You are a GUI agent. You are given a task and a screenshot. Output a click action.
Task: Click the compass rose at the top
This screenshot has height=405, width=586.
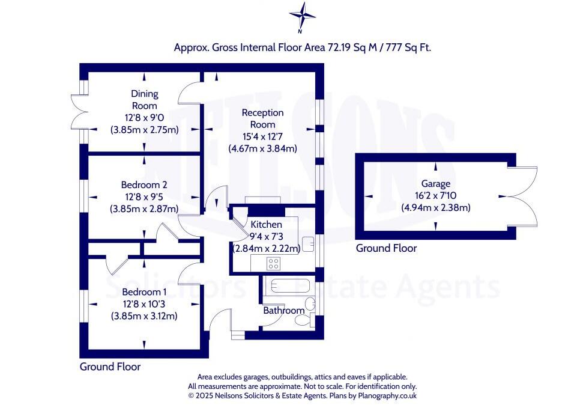pyautogui.click(x=303, y=14)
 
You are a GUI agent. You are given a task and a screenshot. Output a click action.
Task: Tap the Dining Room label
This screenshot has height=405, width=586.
pyautogui.click(x=144, y=99)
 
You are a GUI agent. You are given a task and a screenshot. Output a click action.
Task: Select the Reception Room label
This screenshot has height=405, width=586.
pyautogui.click(x=262, y=118)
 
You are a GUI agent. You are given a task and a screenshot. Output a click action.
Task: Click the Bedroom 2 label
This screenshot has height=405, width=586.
pyautogui.click(x=144, y=184)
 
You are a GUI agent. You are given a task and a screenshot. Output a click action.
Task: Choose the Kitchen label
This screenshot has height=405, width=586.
pyautogui.click(x=266, y=224)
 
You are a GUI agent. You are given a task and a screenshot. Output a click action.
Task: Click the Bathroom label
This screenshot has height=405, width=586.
pyautogui.click(x=283, y=311)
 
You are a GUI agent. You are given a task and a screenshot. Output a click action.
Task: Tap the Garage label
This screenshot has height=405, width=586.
pyautogui.click(x=435, y=184)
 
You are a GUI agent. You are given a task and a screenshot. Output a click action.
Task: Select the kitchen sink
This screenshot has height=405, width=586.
pyautogui.click(x=309, y=243)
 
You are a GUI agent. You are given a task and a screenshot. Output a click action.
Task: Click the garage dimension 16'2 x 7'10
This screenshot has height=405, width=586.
pyautogui.click(x=435, y=196)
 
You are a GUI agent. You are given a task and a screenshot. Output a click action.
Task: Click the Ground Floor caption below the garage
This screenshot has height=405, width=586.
pyautogui.click(x=386, y=248)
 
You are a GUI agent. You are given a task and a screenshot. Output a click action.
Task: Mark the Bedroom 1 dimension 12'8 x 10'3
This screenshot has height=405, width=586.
pyautogui.click(x=144, y=303)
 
